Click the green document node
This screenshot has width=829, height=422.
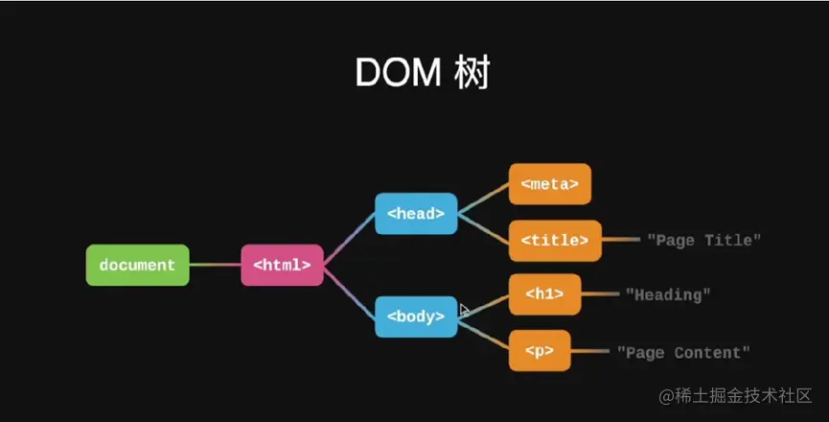click(137, 265)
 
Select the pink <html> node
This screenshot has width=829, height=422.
click(282, 265)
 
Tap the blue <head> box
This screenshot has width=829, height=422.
click(416, 213)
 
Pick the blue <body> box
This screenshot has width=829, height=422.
click(416, 316)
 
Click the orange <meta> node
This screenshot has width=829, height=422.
click(549, 184)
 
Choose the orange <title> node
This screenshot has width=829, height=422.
click(555, 240)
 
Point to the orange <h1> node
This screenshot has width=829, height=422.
click(544, 294)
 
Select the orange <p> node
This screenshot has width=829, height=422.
click(540, 351)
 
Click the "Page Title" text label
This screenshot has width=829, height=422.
click(703, 240)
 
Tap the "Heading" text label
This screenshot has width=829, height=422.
click(668, 294)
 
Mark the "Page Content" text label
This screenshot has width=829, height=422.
click(683, 352)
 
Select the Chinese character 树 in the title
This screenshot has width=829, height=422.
click(472, 73)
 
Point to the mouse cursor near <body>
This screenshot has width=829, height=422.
click(464, 310)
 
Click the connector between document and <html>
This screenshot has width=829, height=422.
click(215, 265)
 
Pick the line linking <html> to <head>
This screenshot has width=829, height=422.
click(349, 237)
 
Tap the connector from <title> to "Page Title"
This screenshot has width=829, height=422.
click(621, 240)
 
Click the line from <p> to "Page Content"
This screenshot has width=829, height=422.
click(590, 352)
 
